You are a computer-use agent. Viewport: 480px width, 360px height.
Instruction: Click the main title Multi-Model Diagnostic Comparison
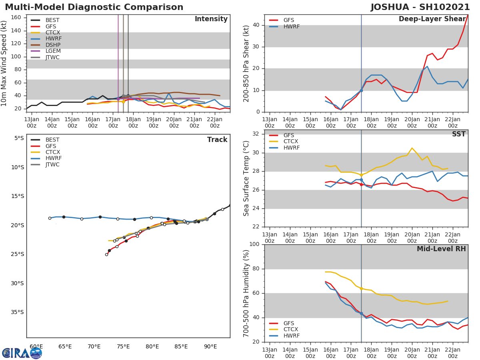pyautogui.click(x=94, y=7)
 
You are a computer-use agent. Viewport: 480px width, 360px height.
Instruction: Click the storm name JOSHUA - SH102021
pyautogui.click(x=420, y=7)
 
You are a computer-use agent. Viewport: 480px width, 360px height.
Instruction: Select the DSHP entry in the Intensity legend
pyautogui.click(x=53, y=45)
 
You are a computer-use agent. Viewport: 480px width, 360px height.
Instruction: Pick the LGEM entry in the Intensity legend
pyautogui.click(x=53, y=51)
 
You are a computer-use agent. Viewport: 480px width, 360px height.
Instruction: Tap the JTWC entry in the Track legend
pyautogui.click(x=52, y=165)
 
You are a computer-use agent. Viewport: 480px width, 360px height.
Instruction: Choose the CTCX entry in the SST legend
pyautogui.click(x=291, y=142)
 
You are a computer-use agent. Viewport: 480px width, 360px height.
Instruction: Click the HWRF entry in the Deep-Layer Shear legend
pyautogui.click(x=291, y=26)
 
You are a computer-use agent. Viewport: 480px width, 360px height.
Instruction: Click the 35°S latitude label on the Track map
pyautogui.click(x=18, y=312)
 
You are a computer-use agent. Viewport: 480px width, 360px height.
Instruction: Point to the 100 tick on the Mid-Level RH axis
pyautogui.click(x=255, y=244)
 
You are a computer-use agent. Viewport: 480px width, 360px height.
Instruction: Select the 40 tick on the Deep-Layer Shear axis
pyautogui.click(x=256, y=25)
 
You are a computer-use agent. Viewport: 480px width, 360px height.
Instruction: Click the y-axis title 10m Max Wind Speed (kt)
pyautogui.click(x=4, y=63)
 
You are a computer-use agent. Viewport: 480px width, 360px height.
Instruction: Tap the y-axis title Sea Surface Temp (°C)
pyautogui.click(x=246, y=178)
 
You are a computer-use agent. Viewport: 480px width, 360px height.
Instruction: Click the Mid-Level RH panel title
pyautogui.click(x=441, y=249)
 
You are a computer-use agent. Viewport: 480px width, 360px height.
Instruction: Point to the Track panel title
pyautogui.click(x=217, y=140)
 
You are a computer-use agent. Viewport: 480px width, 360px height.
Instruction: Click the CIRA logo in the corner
pyautogui.click(x=22, y=353)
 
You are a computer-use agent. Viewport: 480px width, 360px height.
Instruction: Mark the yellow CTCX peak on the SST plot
pyautogui.click(x=412, y=148)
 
